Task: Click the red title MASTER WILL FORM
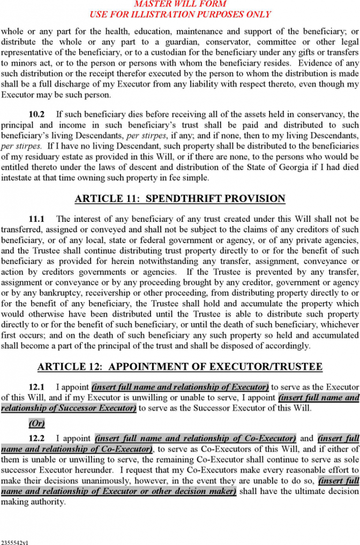coord(180,4)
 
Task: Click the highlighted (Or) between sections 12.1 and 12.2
coord(36,423)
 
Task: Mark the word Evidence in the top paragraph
coord(316,63)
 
